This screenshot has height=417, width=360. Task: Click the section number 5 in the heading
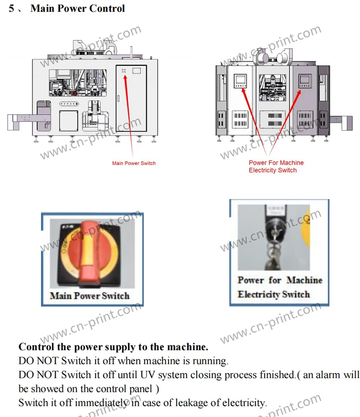click(x=12, y=9)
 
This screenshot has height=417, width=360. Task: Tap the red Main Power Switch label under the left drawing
click(x=134, y=163)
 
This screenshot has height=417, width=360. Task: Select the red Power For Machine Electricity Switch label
click(x=276, y=167)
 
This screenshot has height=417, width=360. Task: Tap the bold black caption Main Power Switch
click(x=90, y=295)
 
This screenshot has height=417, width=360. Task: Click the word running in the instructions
click(x=211, y=360)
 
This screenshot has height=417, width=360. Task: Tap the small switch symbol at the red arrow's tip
click(x=124, y=71)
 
